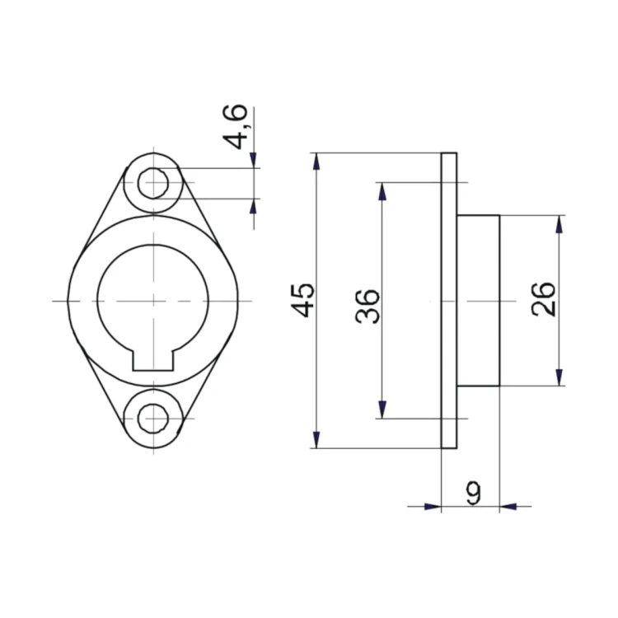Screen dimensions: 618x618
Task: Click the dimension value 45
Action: [x=302, y=300]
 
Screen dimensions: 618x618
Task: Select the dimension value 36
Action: [x=368, y=307]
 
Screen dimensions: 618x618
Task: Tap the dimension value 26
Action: [x=543, y=299]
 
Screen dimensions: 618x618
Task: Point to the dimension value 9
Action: [x=473, y=493]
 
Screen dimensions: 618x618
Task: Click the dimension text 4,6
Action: [x=236, y=127]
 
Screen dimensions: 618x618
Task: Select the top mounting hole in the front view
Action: [x=153, y=183]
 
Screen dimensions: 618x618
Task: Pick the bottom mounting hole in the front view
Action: [x=153, y=418]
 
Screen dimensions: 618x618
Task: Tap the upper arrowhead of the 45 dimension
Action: [x=316, y=162]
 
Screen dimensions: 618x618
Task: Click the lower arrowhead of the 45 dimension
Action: [x=316, y=440]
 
